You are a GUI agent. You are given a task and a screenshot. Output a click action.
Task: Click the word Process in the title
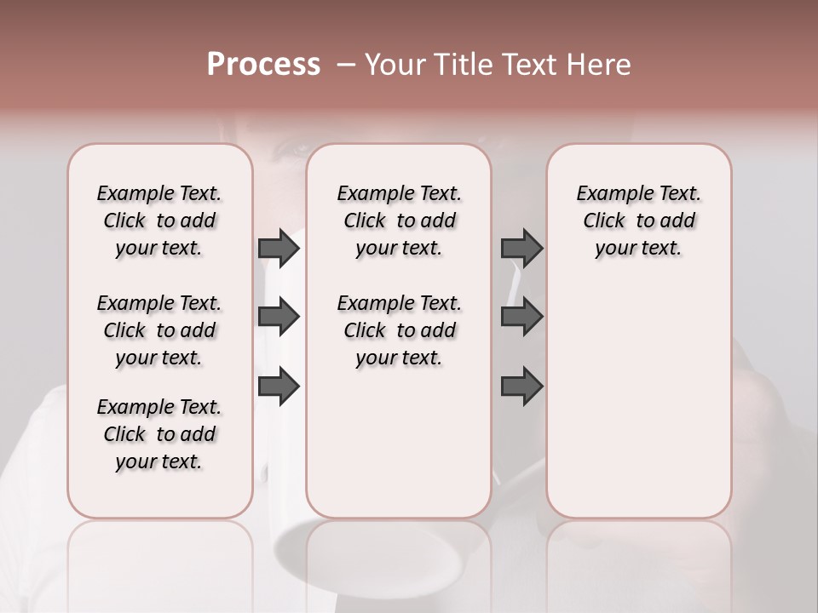click(263, 65)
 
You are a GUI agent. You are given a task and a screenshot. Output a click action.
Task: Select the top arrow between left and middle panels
click(279, 248)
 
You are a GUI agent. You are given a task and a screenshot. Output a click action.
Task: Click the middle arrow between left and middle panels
click(279, 317)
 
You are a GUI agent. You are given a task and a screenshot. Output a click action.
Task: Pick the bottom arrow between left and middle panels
click(279, 387)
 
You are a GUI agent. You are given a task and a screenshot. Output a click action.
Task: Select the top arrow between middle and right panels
click(521, 248)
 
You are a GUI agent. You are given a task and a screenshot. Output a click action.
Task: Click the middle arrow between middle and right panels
click(521, 317)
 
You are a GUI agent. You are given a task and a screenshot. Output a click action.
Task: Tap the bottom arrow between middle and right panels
click(521, 387)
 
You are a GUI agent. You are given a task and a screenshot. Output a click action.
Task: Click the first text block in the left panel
click(159, 221)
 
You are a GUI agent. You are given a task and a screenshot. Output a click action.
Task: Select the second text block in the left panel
click(159, 330)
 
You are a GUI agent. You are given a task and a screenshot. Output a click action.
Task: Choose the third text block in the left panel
click(159, 434)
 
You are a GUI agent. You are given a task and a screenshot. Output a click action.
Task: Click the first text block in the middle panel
click(400, 221)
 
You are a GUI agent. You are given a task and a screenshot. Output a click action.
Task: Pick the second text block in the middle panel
click(400, 330)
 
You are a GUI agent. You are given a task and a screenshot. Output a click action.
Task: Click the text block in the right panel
click(639, 221)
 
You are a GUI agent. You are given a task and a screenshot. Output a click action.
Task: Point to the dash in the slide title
click(346, 65)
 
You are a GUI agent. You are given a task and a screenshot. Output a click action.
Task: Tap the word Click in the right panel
click(604, 221)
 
